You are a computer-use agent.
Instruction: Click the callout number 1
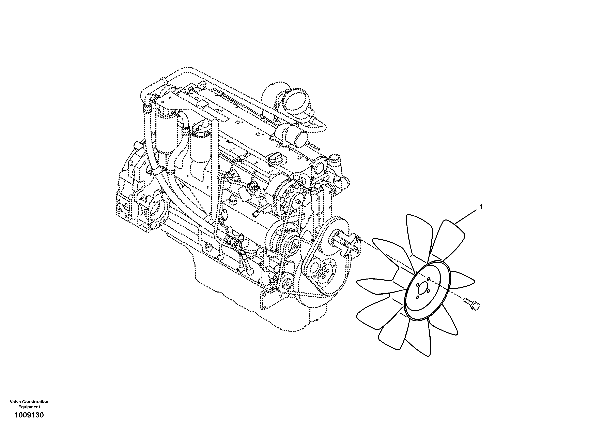coord(481,207)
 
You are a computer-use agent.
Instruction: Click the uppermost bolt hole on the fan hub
coord(428,279)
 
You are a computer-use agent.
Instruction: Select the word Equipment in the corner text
coord(29,407)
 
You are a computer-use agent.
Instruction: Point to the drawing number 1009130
coord(29,415)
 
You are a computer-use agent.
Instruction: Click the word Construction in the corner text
coord(35,402)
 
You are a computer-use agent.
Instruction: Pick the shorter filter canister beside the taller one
coord(201,150)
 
